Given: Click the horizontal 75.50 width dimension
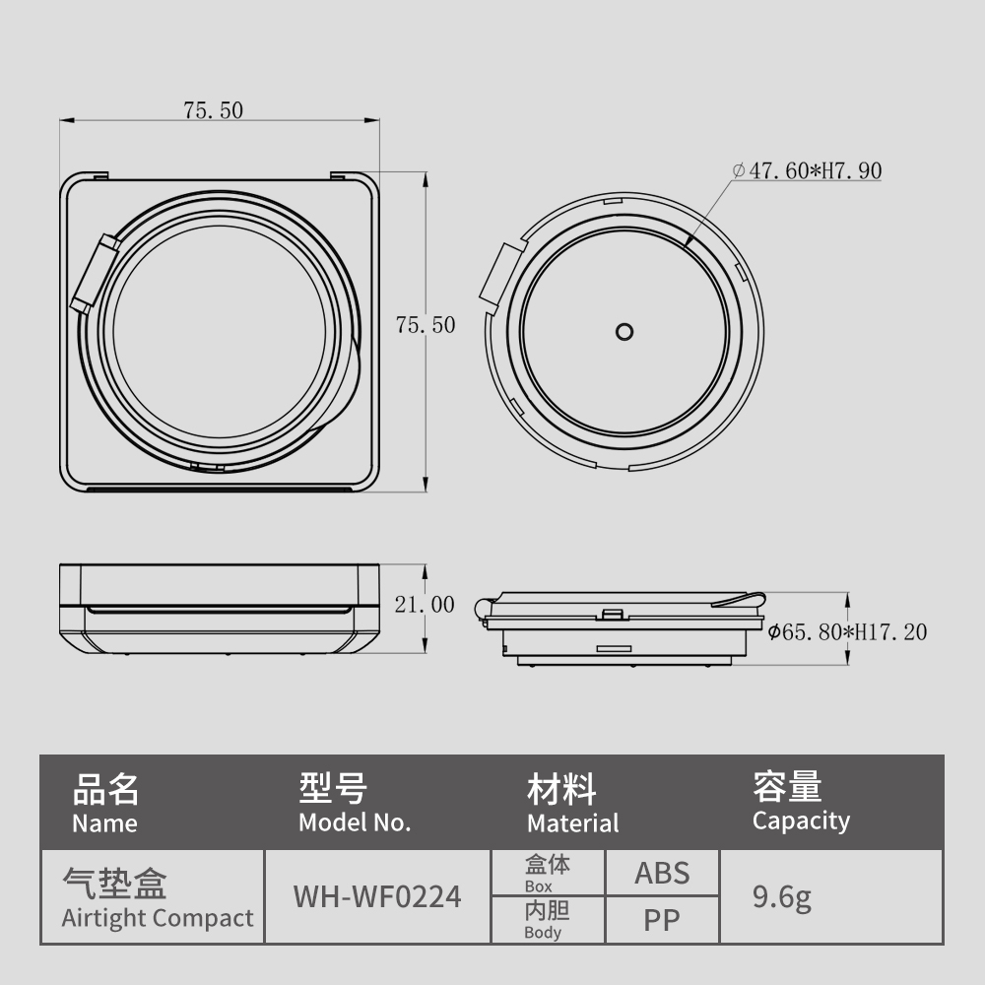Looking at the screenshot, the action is (x=213, y=110).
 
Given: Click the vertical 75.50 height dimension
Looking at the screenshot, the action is (x=426, y=325).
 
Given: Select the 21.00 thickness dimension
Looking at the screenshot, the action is (x=425, y=605).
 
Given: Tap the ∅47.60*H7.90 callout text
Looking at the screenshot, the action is (x=808, y=170).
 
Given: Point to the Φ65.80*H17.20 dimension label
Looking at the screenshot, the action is (x=847, y=632).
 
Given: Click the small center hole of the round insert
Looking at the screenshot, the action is (x=624, y=332).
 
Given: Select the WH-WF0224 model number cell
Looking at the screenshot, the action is (x=377, y=896).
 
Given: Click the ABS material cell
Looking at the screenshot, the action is (x=662, y=873).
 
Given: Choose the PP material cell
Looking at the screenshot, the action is (x=662, y=920).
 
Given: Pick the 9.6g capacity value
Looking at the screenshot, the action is (x=782, y=897).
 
